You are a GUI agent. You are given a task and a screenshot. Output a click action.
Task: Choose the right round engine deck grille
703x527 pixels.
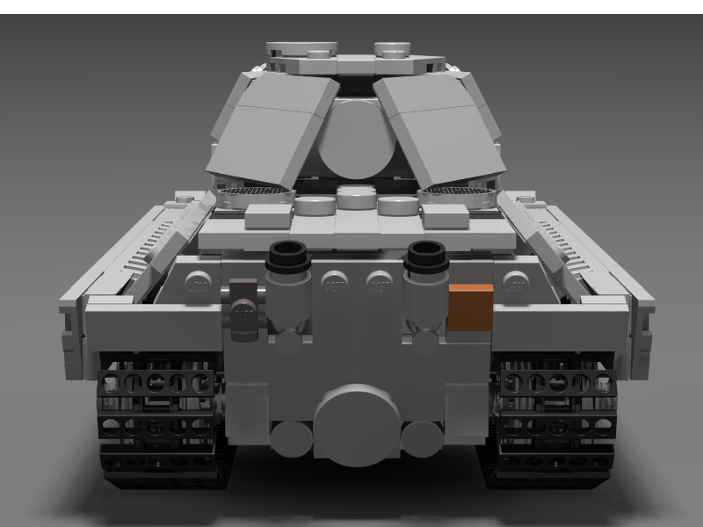[x=453, y=192]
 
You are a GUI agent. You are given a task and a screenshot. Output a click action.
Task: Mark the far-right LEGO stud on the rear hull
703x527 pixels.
[x=514, y=284]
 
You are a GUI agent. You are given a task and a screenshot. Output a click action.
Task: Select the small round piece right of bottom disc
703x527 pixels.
[x=422, y=435]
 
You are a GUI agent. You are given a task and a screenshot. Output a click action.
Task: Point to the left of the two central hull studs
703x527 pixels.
[x=333, y=283]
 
